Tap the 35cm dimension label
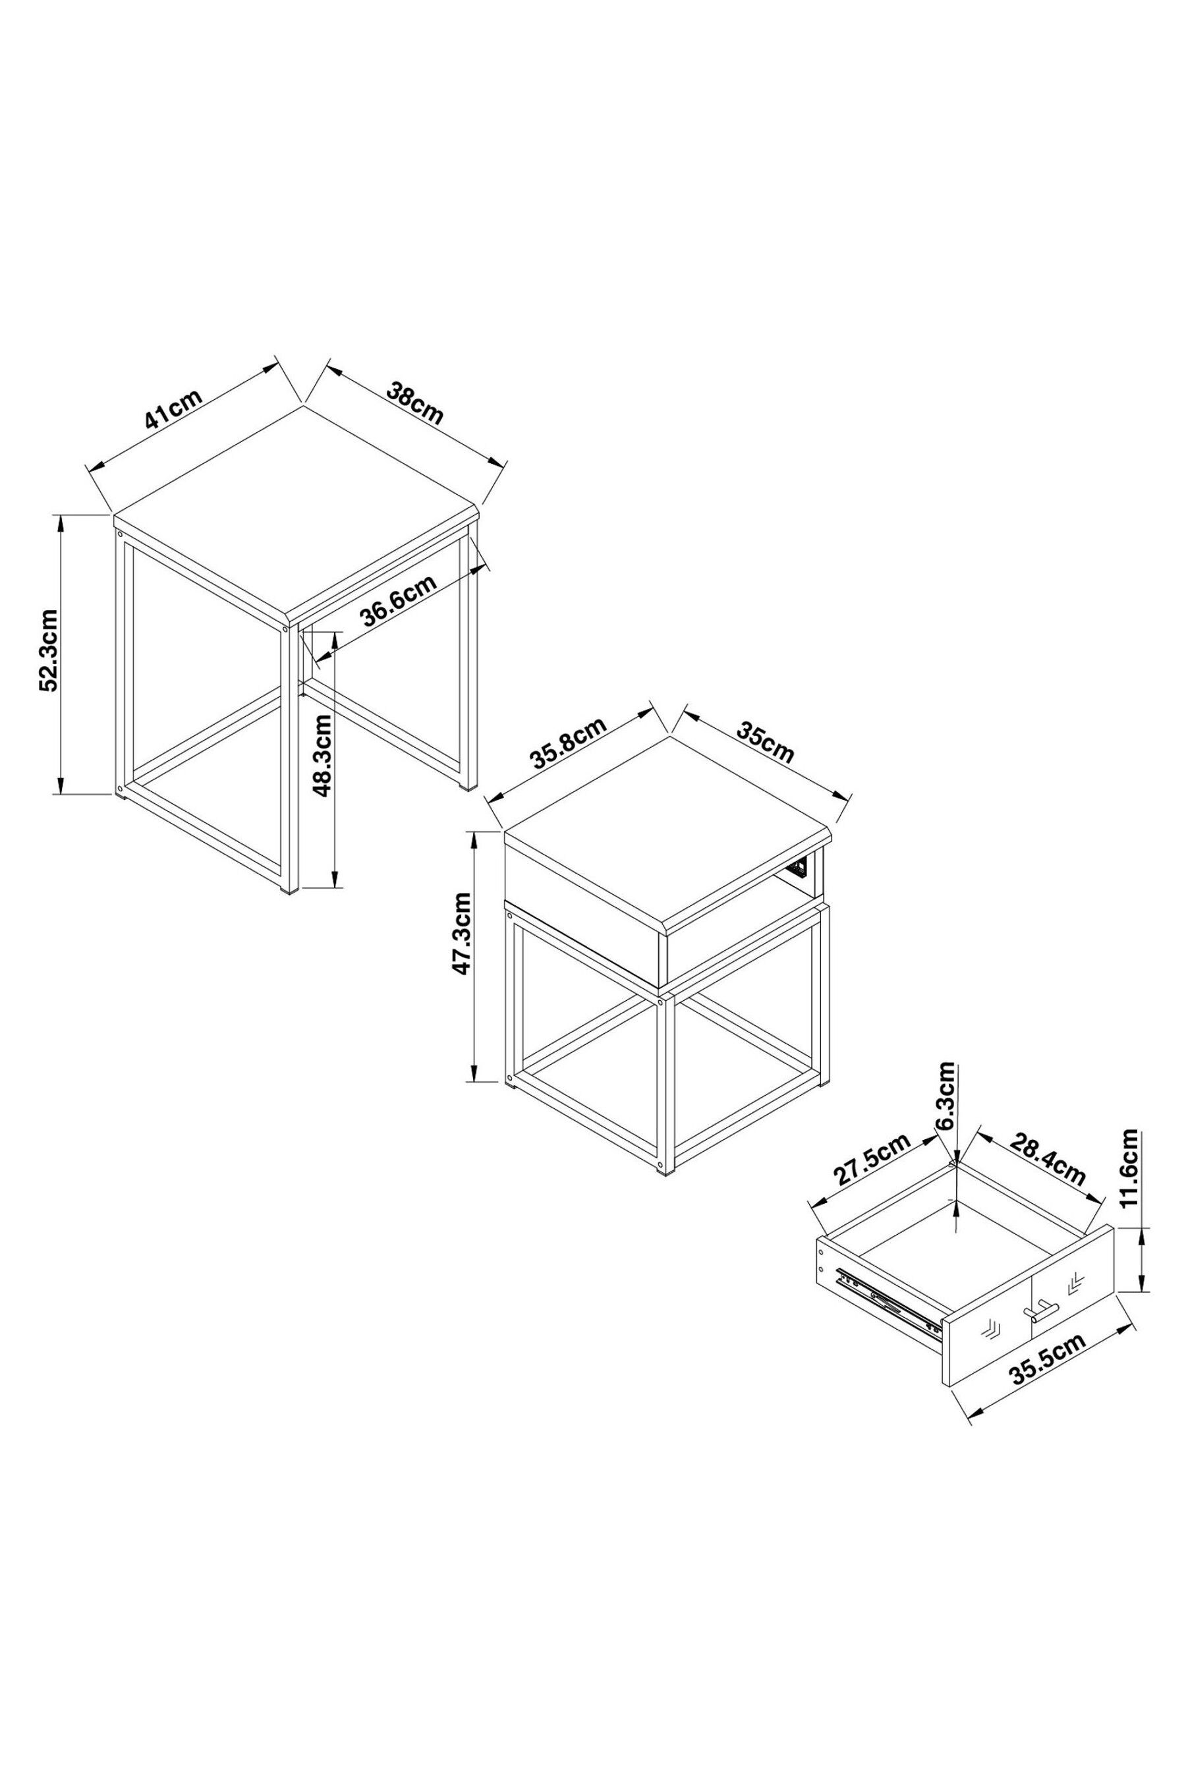pyautogui.click(x=766, y=743)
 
